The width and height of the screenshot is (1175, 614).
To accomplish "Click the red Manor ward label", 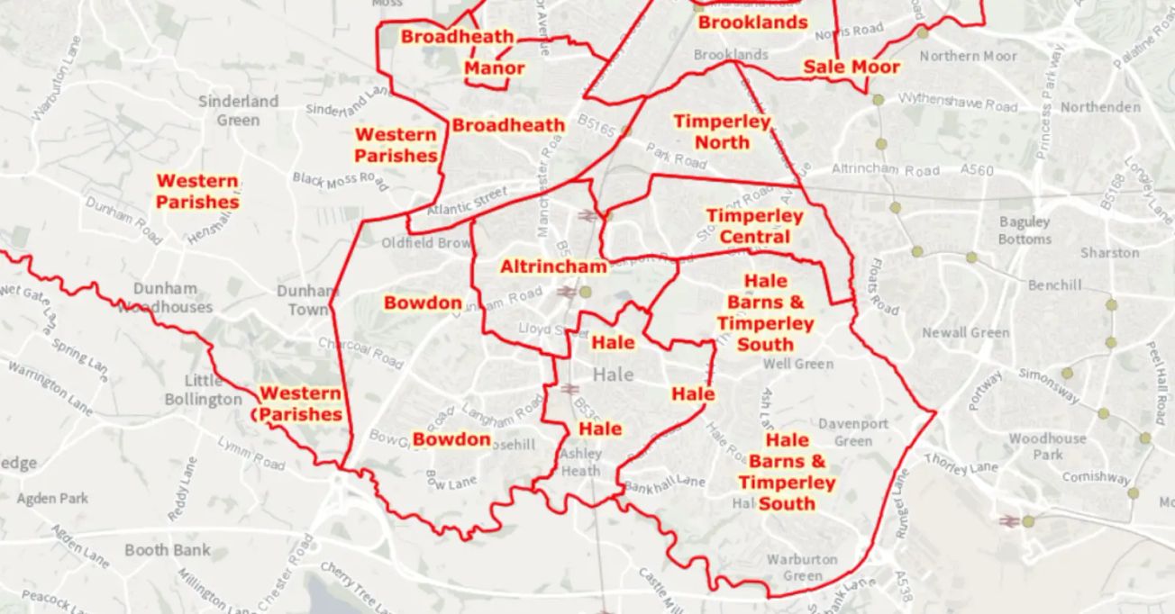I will coord(494,68).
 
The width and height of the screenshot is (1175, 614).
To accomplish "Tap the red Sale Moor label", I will coord(851,67).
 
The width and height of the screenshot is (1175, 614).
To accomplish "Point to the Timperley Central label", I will coord(754,227).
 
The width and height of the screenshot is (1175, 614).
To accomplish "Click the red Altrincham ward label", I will coord(553,267).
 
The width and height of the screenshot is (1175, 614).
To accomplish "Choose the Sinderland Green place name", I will coord(239,110).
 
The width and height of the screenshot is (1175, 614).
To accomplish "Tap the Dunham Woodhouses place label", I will coord(166,297).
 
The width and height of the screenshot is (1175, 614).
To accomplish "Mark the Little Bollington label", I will coord(204,389).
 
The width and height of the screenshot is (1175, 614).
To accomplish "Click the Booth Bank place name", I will coord(168,550).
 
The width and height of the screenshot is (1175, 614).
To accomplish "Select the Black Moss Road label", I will coord(341,181).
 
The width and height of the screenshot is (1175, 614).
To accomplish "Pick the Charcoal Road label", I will coord(360,352).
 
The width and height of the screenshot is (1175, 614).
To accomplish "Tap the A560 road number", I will coord(977,169).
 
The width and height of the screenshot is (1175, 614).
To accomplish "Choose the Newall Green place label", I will coord(965,333).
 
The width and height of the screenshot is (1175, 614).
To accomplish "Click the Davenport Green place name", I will coord(852,432).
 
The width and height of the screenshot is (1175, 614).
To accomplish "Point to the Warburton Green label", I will coord(802,567).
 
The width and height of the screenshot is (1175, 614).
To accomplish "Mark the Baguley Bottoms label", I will coord(1025,230).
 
